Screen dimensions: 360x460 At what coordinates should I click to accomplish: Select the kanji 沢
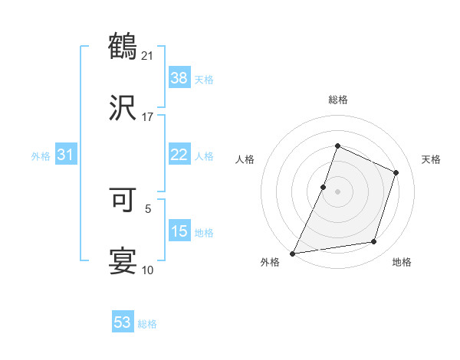[123, 108]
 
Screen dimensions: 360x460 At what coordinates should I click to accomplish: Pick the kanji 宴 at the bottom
[123, 260]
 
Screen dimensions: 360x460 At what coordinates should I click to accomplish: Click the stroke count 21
[148, 54]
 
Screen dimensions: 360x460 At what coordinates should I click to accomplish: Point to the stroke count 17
[148, 116]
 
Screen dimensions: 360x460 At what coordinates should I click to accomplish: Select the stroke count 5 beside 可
[148, 207]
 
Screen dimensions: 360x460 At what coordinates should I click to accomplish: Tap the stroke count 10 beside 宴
[148, 269]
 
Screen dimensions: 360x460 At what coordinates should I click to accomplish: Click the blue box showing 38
[179, 77]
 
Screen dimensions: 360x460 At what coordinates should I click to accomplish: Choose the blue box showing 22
[179, 155]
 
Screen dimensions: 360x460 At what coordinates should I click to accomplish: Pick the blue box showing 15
[179, 231]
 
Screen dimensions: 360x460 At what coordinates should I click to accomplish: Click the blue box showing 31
[66, 155]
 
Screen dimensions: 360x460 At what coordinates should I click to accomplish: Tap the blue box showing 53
[123, 322]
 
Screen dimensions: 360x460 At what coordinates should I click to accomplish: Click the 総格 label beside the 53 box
[147, 324]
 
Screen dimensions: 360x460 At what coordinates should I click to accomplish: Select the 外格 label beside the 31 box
[41, 155]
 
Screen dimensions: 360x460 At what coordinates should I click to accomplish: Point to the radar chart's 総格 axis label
[338, 100]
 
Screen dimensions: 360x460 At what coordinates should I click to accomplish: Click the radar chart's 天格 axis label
[431, 159]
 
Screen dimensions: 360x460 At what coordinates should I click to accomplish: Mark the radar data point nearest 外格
[293, 253]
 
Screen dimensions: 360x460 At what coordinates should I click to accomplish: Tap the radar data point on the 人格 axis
[324, 187]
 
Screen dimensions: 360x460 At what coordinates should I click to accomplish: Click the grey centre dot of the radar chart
[338, 191]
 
